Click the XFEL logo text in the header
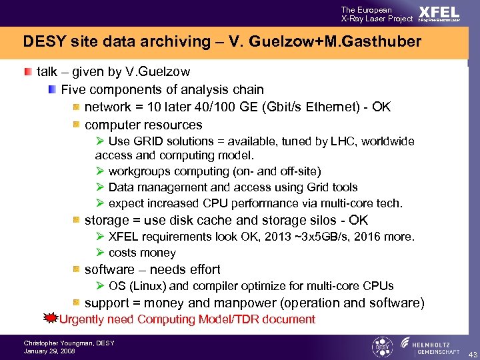[439, 13]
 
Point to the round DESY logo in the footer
[381, 346]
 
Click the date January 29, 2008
[49, 351]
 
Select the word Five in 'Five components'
[73, 89]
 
